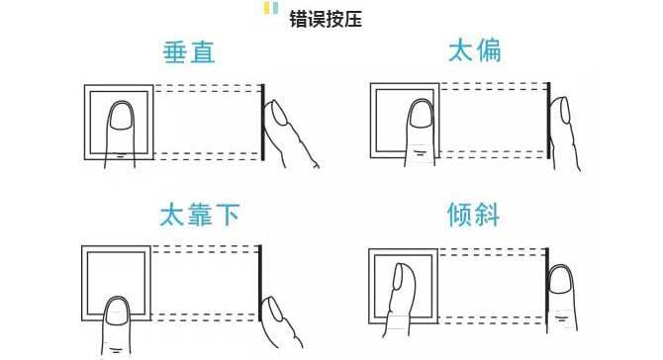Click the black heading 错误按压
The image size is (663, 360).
point(326,20)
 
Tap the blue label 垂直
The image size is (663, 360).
point(189,52)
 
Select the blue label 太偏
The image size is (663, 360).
point(474,50)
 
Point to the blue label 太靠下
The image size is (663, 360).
point(199,215)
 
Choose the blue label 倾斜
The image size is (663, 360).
point(473,215)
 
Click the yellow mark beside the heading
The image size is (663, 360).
point(267,8)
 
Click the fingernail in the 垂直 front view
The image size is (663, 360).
point(122,115)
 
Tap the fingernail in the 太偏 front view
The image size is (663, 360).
point(422,113)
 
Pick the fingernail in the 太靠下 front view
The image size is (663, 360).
point(117,312)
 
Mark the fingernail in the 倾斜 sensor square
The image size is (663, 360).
point(399,276)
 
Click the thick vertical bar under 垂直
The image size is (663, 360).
point(262,122)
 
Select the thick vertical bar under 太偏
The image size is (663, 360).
point(548,121)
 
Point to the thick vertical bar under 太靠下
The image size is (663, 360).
point(260,283)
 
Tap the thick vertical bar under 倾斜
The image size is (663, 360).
point(547,286)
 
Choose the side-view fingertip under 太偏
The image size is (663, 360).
point(564,111)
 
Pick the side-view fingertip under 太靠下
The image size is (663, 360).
point(272,310)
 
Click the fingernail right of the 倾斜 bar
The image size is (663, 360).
point(560,280)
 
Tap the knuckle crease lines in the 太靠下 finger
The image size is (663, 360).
point(116,350)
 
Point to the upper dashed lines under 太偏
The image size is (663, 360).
point(493,86)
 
